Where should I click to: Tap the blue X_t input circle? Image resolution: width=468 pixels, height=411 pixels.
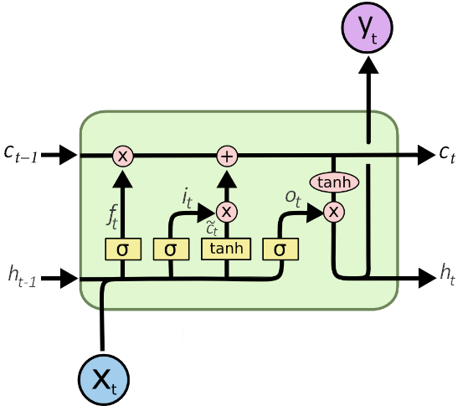[x=103, y=378]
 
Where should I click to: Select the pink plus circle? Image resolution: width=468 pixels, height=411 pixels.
[x=227, y=156]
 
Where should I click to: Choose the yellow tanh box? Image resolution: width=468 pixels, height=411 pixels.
[x=227, y=249]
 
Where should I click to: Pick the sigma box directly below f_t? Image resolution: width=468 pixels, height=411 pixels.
[x=123, y=249]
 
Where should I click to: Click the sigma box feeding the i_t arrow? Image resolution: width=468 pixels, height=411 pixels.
[x=171, y=249]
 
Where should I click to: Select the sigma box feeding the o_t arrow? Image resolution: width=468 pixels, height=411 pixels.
[x=280, y=249]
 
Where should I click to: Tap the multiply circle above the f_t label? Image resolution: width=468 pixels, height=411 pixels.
[x=123, y=156]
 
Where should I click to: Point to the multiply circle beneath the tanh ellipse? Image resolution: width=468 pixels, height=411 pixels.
[x=334, y=213]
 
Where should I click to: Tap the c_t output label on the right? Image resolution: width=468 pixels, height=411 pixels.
[x=447, y=154]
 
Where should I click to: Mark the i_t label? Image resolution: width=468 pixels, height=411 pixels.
[x=189, y=199]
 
